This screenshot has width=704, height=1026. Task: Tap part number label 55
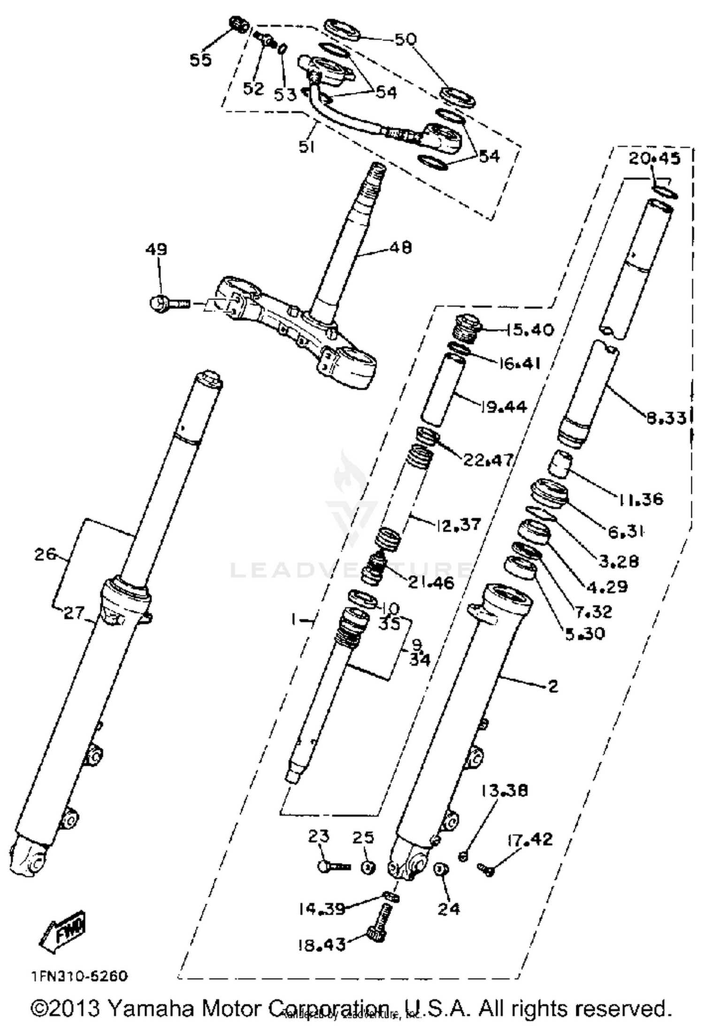tap(200, 60)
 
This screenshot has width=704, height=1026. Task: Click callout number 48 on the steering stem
tap(400, 247)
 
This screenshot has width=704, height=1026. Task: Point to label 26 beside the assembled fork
tap(45, 555)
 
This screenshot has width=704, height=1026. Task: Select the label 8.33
tap(666, 417)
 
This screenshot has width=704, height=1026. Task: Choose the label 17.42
tap(530, 839)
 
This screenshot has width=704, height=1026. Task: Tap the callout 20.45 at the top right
tap(654, 159)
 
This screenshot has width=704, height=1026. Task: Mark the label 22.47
tap(488, 460)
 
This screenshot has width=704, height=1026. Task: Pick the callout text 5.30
tap(585, 634)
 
